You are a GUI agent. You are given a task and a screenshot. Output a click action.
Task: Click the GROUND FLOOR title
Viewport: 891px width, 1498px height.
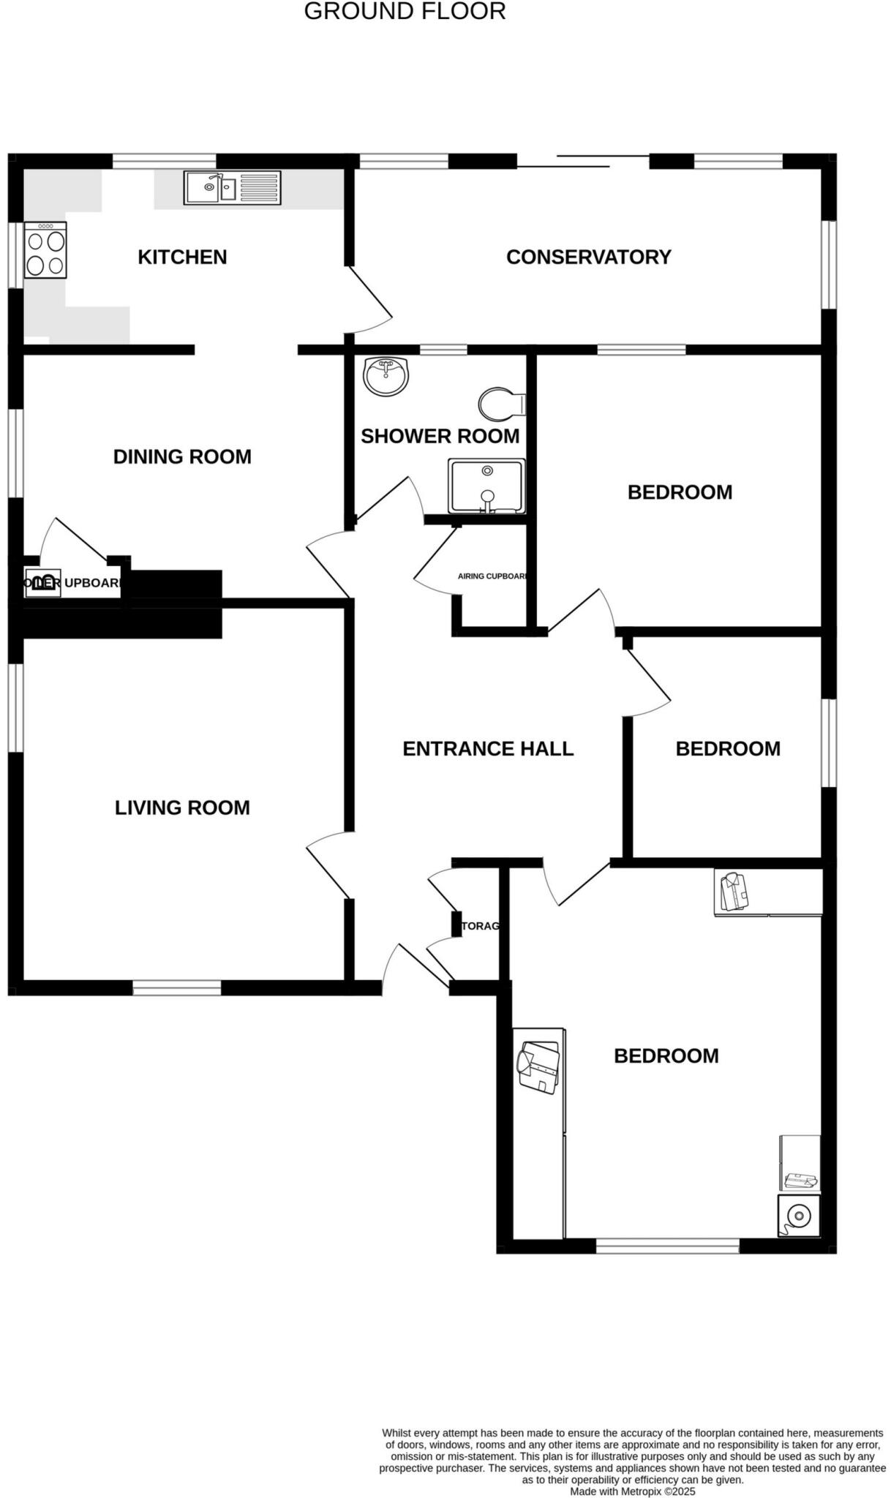[x=405, y=12]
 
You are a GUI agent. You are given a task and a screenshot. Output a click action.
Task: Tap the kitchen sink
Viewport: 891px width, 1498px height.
[x=232, y=187]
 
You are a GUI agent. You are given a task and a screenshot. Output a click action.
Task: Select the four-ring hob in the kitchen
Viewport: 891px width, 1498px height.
[x=45, y=251]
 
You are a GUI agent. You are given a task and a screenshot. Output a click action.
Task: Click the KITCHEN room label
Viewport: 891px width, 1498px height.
[x=182, y=257]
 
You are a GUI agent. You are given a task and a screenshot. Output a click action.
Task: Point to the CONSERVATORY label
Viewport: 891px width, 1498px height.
[x=588, y=257]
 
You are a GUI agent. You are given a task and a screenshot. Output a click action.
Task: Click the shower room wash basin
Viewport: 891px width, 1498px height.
[x=386, y=376]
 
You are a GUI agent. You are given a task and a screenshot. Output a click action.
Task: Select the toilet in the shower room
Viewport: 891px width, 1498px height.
[x=502, y=403]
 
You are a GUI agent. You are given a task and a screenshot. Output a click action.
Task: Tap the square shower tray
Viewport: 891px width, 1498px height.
[x=486, y=486]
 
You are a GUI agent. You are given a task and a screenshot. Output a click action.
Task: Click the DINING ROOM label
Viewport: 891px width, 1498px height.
[x=182, y=457]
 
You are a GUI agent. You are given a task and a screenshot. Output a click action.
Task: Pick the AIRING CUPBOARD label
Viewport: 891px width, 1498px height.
[x=492, y=576]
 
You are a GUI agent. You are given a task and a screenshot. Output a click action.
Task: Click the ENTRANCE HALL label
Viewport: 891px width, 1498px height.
[x=488, y=749]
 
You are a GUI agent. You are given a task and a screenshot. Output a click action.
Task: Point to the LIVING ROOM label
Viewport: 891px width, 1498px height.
[x=182, y=808]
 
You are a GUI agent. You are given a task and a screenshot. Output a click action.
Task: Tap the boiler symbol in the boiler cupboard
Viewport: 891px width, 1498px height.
[x=42, y=583]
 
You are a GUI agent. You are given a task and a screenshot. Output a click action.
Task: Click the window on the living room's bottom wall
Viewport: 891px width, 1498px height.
[x=176, y=988]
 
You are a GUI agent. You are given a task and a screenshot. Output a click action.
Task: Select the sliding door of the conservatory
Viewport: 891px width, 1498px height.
[x=583, y=162]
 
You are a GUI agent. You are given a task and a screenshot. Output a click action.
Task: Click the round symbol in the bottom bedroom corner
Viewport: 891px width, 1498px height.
[x=798, y=1216]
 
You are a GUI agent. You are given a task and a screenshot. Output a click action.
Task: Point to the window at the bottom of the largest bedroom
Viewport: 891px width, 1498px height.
[x=667, y=1246]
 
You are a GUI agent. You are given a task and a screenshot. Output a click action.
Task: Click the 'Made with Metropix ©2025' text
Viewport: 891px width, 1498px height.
[x=632, y=1491]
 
